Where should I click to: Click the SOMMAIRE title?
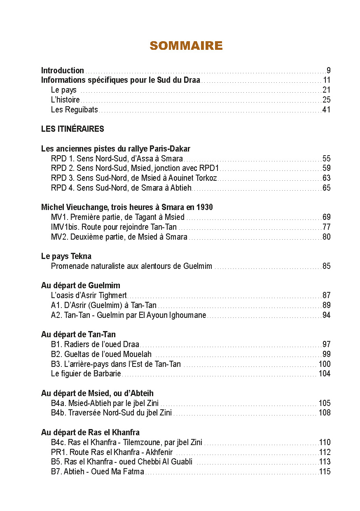[x=186, y=46]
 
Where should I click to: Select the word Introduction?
[x=63, y=70]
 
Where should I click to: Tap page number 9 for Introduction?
[x=328, y=70]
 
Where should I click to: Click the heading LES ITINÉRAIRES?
[x=72, y=129]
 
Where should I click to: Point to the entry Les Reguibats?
[x=75, y=110]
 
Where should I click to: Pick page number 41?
[x=326, y=110]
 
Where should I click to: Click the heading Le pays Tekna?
[x=66, y=256]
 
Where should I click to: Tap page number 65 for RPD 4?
[x=326, y=188]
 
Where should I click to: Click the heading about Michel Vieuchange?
[x=127, y=207]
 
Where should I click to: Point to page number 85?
[x=326, y=266]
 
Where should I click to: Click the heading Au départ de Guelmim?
[x=81, y=285]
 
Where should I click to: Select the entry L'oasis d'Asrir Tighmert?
[x=89, y=295]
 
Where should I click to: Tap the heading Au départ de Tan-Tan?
[x=78, y=334]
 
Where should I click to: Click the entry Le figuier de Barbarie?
[x=86, y=374]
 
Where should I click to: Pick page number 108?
[x=325, y=413]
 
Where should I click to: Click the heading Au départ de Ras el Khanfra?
[x=90, y=432]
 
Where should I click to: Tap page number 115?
[x=325, y=472]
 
